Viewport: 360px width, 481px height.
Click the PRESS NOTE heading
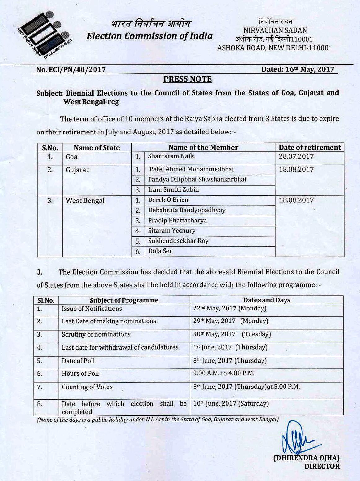pos(187,79)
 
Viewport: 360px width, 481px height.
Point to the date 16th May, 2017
pos(298,69)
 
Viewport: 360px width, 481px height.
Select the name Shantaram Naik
pos(171,156)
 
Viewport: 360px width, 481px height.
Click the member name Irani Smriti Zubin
pos(173,190)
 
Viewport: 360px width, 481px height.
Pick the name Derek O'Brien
pos(168,200)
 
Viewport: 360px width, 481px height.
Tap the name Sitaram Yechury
pos(172,230)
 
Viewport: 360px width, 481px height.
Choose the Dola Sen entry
pos(160,251)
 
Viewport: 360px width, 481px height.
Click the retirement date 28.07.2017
pos(296,156)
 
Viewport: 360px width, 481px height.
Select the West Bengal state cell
pos(85,200)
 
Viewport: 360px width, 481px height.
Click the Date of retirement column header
pos(310,147)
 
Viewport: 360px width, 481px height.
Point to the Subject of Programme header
pos(124,300)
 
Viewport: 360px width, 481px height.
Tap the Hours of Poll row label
pos(80,374)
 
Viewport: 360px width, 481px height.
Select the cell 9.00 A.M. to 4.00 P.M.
pos(224,374)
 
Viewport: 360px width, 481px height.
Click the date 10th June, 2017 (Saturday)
pos(231,404)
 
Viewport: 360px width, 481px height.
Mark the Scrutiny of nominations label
pos(96,335)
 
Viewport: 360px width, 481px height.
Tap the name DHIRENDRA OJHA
pos(306,458)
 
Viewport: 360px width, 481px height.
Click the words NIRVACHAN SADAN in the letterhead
pos(275,30)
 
